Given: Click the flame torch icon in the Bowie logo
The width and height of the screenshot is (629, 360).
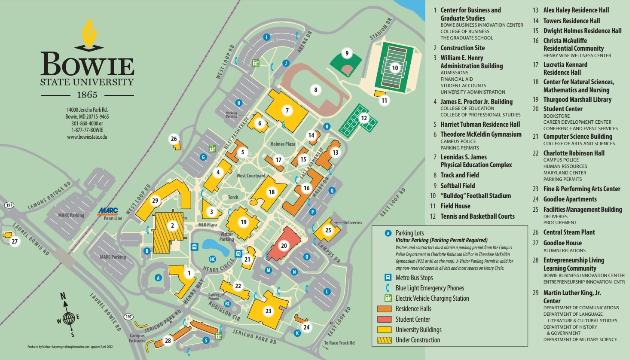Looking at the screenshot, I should pyautogui.click(x=89, y=34).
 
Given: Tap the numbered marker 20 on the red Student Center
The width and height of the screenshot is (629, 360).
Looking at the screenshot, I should pyautogui.click(x=284, y=246).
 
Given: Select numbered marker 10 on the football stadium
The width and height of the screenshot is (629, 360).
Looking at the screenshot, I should pyautogui.click(x=395, y=67).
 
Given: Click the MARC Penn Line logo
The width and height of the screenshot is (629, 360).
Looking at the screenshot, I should pyautogui.click(x=108, y=211).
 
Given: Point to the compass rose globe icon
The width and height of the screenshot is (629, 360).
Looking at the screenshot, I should pyautogui.click(x=68, y=318).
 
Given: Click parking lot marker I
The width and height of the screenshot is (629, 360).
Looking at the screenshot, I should pyautogui.click(x=266, y=37).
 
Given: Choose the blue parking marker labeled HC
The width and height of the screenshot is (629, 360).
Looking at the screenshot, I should pyautogui.click(x=212, y=259).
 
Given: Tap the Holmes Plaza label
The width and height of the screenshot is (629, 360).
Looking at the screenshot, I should pyautogui.click(x=283, y=144).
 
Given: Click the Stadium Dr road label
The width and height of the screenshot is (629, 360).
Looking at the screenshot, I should pyautogui.click(x=381, y=29).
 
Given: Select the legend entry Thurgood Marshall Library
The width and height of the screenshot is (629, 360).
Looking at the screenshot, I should pyautogui.click(x=577, y=99).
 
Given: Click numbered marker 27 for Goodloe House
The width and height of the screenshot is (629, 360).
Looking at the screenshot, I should pyautogui.click(x=15, y=241).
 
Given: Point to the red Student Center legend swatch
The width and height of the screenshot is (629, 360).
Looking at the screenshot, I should pyautogui.click(x=384, y=319).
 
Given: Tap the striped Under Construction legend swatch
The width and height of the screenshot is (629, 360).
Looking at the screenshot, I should pyautogui.click(x=384, y=340).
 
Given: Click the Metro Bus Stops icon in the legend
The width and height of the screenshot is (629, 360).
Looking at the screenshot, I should pyautogui.click(x=388, y=278).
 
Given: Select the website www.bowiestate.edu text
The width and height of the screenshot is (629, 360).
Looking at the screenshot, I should pyautogui.click(x=87, y=137).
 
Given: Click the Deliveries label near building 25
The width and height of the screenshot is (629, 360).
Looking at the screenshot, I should pyautogui.click(x=352, y=223).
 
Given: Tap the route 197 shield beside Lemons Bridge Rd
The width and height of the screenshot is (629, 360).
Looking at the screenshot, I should pyautogui.click(x=9, y=205).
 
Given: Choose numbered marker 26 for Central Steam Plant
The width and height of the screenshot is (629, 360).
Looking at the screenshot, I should pyautogui.click(x=174, y=139).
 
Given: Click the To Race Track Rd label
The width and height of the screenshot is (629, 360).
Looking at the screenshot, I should pyautogui.click(x=339, y=343).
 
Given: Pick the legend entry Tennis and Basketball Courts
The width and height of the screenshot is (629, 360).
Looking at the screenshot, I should pyautogui.click(x=477, y=216).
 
